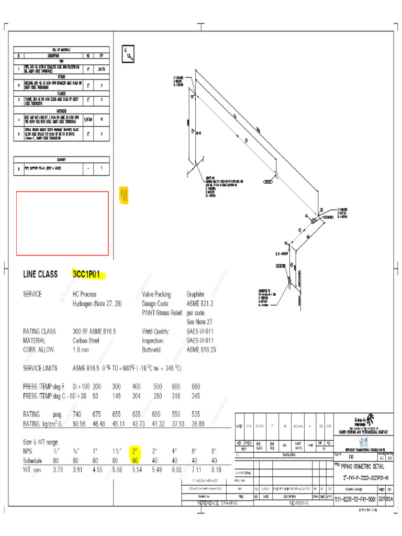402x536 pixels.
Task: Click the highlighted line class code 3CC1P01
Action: click(x=88, y=274)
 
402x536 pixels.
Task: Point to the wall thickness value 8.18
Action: click(x=216, y=470)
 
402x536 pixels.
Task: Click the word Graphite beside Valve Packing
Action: click(x=197, y=294)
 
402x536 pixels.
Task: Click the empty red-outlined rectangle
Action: click(x=62, y=224)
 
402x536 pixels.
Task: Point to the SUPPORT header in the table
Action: click(x=61, y=160)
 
